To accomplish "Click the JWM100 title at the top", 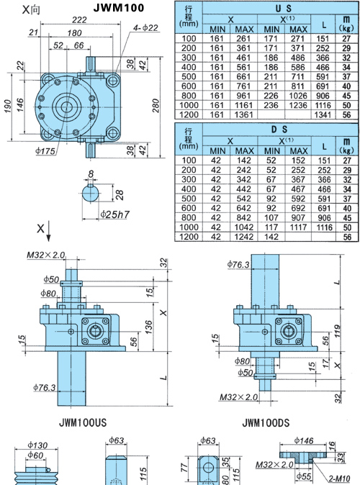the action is pyautogui.click(x=119, y=8).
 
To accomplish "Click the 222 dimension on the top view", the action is pyautogui.click(x=79, y=20).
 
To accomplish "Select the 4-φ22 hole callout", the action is pyautogui.click(x=145, y=28).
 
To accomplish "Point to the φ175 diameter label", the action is pyautogui.click(x=45, y=151).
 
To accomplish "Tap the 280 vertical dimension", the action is pyautogui.click(x=156, y=106).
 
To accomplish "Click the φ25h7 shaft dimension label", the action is pyautogui.click(x=114, y=214).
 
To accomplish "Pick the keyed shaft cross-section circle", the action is pyautogui.click(x=91, y=193).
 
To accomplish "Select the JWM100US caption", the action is pyautogui.click(x=83, y=422).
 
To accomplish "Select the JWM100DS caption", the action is pyautogui.click(x=266, y=422).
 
